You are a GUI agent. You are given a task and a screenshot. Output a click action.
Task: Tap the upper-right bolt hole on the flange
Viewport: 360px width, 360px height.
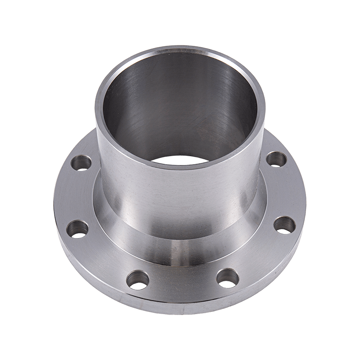click(277, 159)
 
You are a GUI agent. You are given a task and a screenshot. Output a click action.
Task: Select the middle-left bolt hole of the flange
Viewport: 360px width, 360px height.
click(78, 229)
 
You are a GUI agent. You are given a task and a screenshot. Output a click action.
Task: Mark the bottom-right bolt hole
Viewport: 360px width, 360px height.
click(227, 277)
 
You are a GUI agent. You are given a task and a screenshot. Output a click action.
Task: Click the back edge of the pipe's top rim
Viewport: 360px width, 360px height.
click(180, 48)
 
